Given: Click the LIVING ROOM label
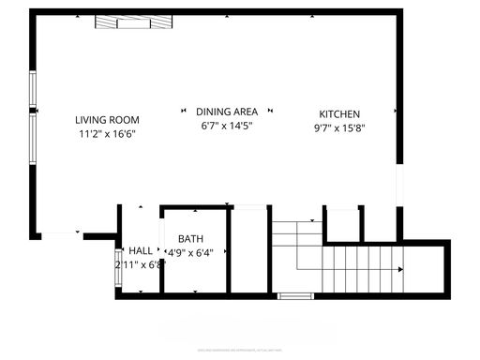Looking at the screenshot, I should click(107, 119).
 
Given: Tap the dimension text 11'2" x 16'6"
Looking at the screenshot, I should click(107, 134).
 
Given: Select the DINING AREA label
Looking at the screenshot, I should click(226, 112).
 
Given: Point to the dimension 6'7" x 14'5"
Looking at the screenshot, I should click(226, 126).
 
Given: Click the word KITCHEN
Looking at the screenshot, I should click(339, 114).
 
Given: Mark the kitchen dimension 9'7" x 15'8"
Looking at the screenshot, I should click(339, 128).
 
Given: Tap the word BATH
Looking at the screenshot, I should click(190, 239).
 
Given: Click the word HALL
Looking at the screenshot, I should click(141, 250).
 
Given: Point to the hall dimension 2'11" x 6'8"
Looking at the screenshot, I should click(140, 264).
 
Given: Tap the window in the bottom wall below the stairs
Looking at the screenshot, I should click(294, 296).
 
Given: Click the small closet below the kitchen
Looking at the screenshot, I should click(343, 223).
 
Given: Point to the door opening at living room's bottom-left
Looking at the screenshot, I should click(60, 232).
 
